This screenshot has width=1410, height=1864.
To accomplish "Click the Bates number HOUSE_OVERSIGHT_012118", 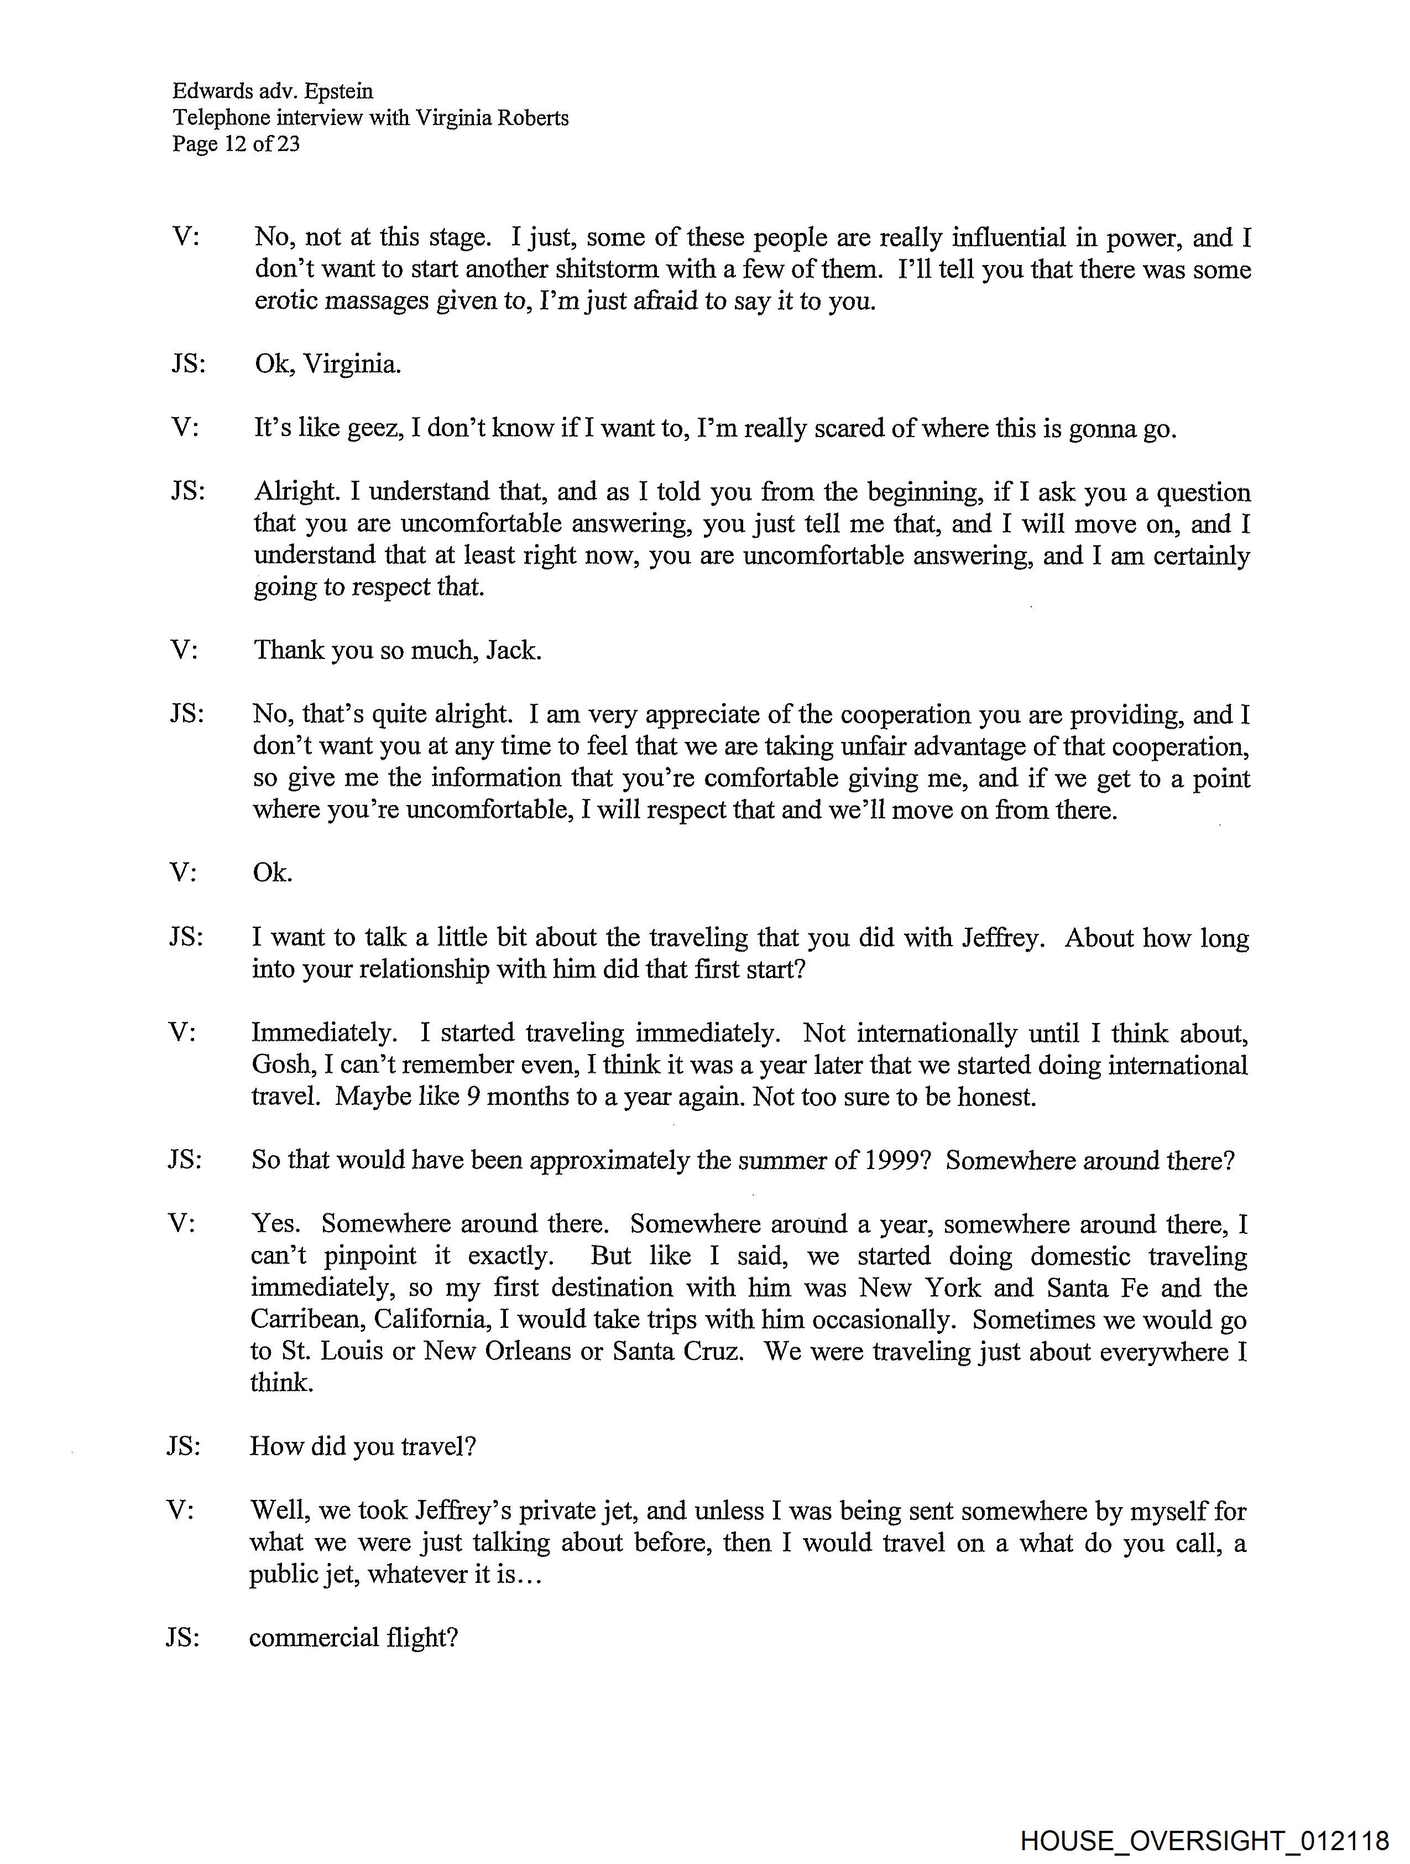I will (x=1204, y=1840).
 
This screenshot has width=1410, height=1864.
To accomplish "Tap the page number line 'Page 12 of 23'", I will (x=236, y=144).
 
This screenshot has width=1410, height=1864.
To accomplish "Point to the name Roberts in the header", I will (x=532, y=118).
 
